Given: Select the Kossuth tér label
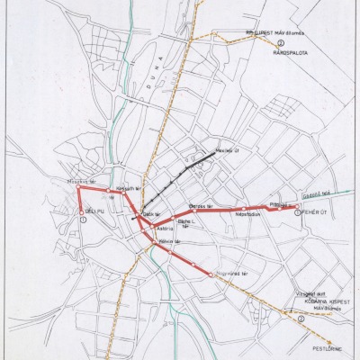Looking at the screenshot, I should [124, 188].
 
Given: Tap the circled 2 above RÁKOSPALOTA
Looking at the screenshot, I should [280, 43].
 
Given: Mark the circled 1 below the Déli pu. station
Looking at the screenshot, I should [82, 221].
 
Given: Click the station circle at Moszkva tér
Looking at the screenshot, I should [77, 188].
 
